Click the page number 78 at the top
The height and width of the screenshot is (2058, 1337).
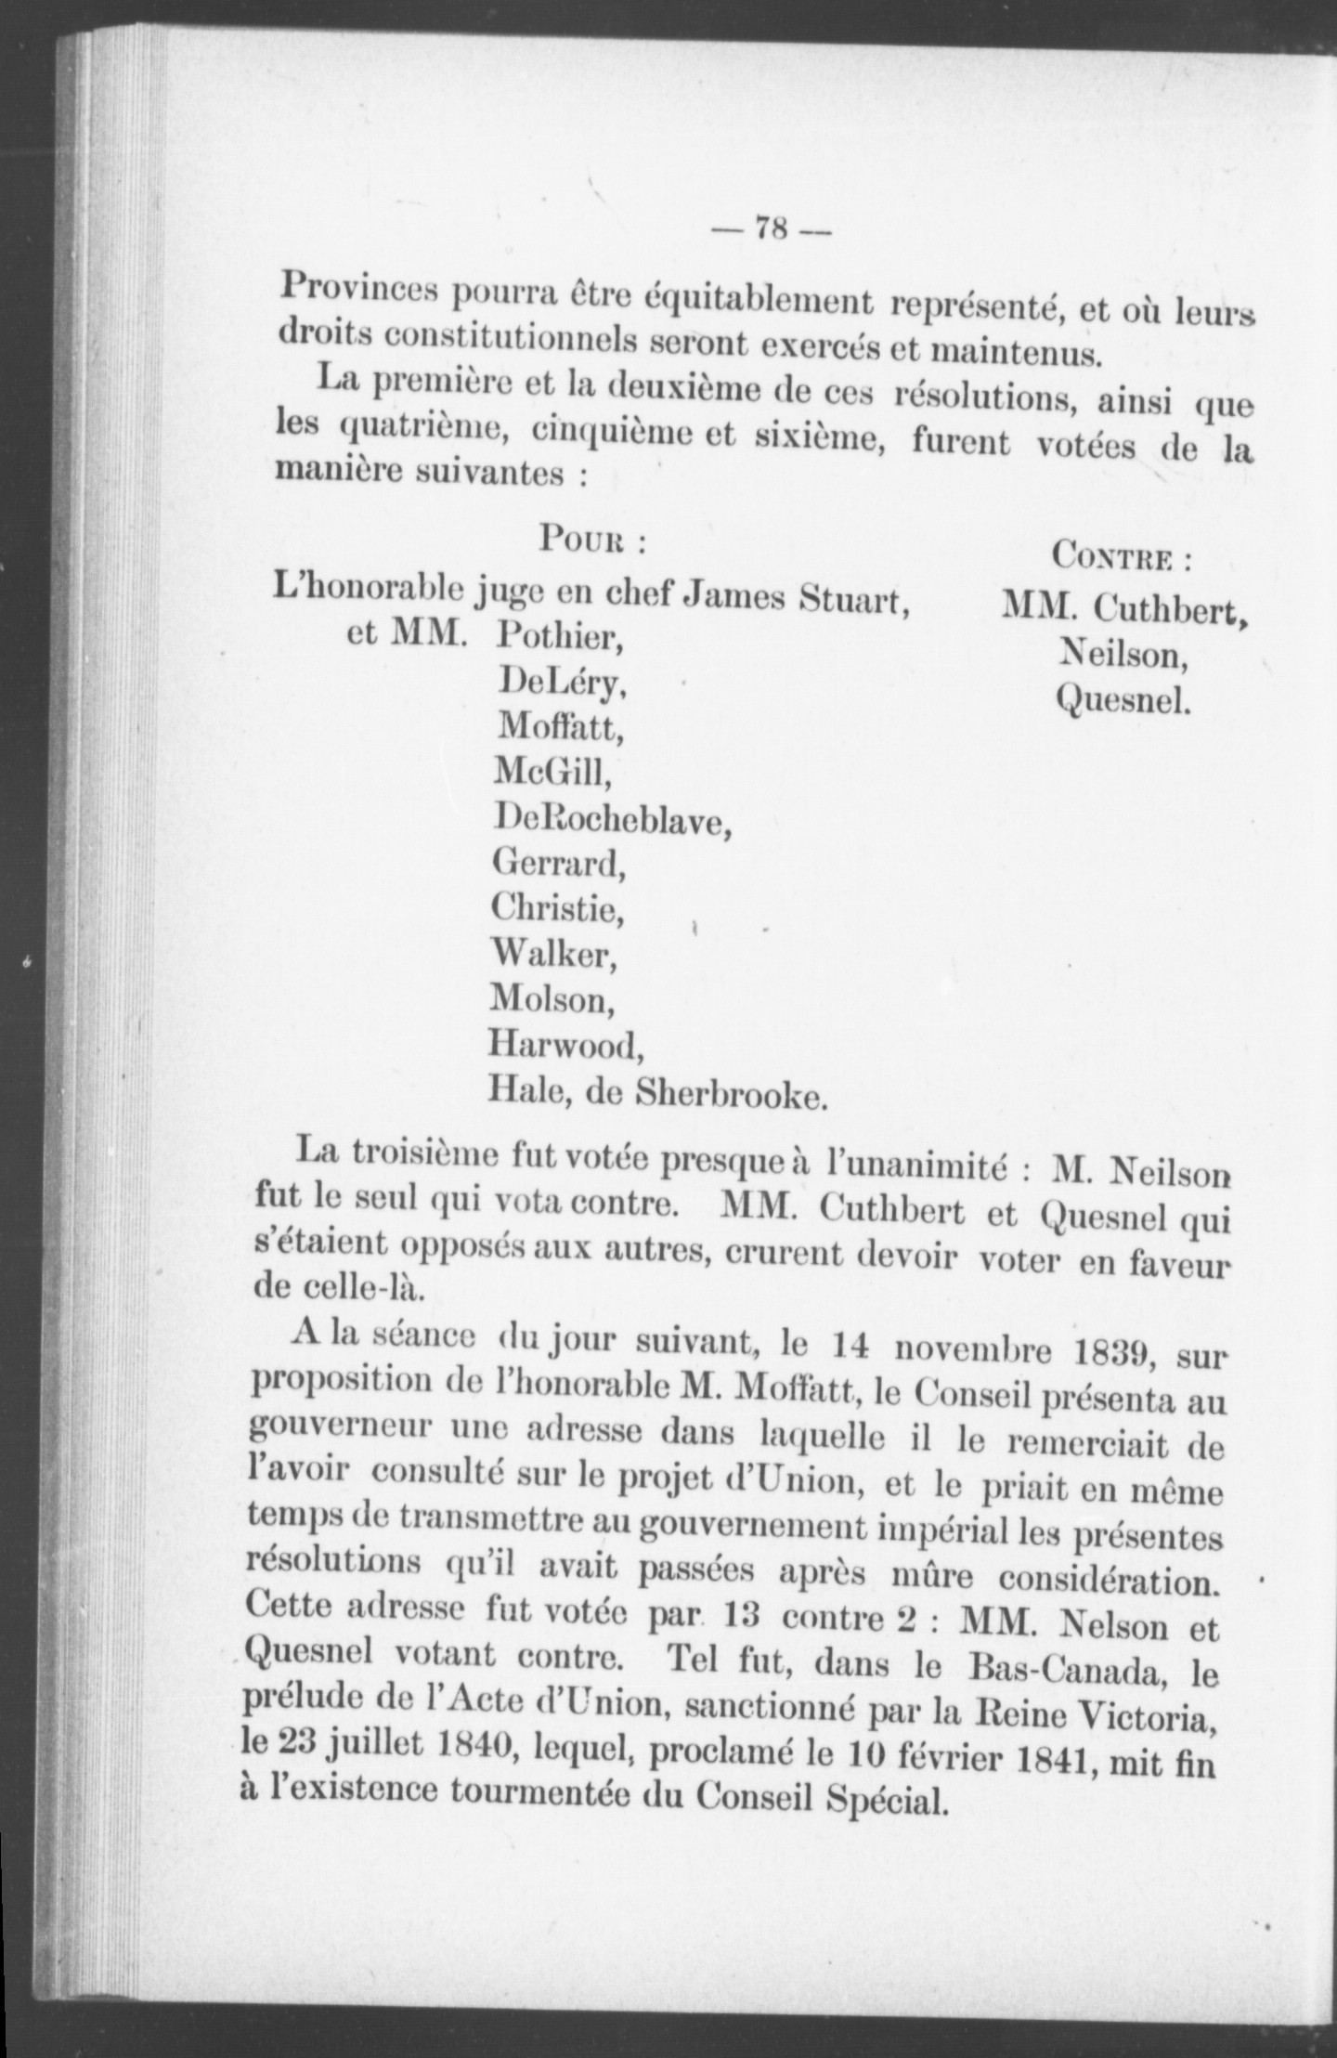click(772, 228)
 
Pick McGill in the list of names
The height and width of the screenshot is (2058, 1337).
click(553, 770)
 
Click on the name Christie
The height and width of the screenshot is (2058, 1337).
click(557, 908)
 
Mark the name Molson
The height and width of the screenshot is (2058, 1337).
click(552, 999)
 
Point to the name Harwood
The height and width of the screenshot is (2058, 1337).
click(565, 1047)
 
